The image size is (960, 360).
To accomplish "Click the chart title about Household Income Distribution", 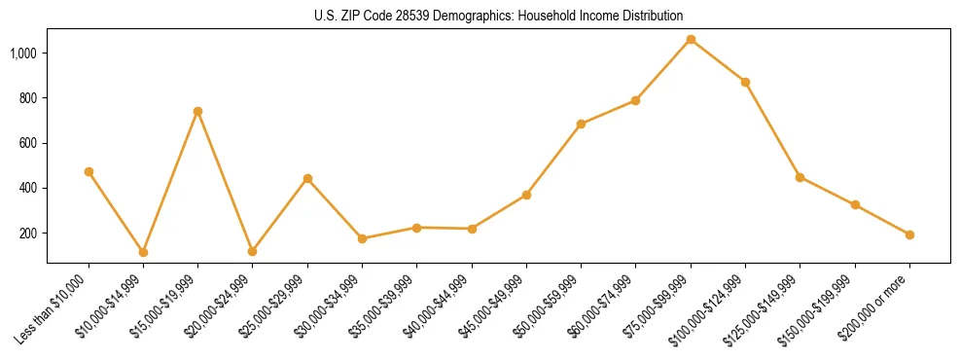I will point(498,16).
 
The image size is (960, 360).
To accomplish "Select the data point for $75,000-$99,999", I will point(691,40).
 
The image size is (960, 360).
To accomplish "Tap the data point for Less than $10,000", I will point(89,171).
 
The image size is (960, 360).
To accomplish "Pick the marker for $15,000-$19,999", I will point(197,111).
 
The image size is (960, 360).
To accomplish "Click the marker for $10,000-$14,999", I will point(143,252).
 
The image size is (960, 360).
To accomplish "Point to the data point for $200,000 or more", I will point(909,234).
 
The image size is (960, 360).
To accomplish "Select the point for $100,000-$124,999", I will point(745,82).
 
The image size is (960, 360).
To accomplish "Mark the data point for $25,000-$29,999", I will point(307,178).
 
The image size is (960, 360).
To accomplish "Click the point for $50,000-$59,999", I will point(581,124).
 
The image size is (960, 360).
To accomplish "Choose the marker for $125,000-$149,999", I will point(800,177).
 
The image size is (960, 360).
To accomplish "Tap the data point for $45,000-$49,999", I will point(526,195).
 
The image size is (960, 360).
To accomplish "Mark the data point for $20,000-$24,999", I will point(252,251).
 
